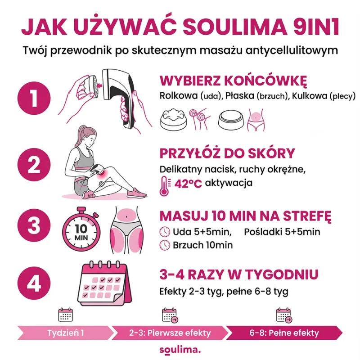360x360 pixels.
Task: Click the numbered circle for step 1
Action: click(34, 98)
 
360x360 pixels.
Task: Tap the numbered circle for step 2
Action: click(34, 165)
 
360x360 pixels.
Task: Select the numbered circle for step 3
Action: click(34, 225)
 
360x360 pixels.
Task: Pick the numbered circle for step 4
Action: click(34, 283)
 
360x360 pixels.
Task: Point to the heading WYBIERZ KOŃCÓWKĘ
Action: click(233, 81)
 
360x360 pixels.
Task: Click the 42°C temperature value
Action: click(188, 184)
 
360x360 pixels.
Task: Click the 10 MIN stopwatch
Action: click(81, 232)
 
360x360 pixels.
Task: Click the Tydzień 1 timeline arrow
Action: click(66, 333)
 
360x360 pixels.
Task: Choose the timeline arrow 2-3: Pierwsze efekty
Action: click(170, 333)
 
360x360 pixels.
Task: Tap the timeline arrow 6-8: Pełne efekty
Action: click(284, 333)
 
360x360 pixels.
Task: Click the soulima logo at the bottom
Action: click(180, 350)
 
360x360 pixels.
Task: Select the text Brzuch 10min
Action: click(203, 245)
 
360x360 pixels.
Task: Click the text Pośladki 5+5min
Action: click(282, 232)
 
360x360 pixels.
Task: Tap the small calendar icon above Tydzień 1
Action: click(66, 315)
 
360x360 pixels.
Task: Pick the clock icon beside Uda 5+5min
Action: click(165, 232)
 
